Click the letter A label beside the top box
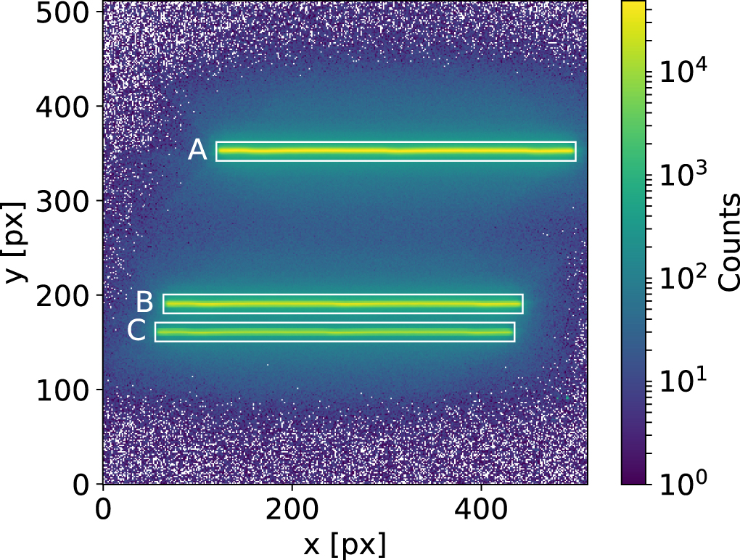[197, 150]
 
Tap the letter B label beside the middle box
[144, 302]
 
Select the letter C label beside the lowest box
[136, 330]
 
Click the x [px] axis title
[345, 543]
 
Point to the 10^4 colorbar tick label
[678, 72]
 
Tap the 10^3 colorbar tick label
[678, 174]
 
